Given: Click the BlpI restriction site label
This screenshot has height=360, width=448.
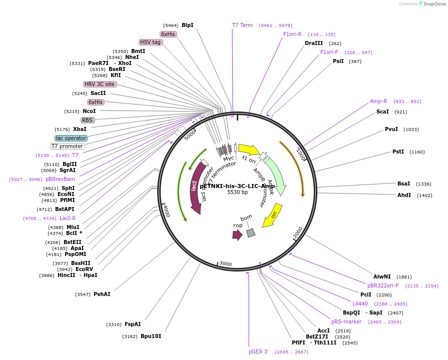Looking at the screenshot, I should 187,25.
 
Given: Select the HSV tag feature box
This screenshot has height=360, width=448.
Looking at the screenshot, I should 151,42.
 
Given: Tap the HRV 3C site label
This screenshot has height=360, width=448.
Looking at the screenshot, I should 100,84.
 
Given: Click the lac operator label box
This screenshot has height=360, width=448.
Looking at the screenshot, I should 71,138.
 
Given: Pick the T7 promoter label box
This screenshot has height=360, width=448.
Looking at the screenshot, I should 67,146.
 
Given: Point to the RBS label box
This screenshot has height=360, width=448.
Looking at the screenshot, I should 88,120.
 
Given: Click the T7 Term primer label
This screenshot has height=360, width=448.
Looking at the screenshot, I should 242,25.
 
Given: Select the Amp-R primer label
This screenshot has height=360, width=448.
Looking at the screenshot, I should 378,101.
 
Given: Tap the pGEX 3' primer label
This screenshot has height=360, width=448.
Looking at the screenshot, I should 259,351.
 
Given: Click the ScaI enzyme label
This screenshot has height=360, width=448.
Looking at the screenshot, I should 382,111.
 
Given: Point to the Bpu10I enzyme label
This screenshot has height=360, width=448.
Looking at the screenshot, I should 151,336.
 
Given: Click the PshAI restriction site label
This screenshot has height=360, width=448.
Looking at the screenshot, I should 102,294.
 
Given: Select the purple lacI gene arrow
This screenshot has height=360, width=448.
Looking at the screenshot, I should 196,188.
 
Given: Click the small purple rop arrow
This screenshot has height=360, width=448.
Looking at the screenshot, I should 237,234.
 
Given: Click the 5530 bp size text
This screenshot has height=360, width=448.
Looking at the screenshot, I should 237,192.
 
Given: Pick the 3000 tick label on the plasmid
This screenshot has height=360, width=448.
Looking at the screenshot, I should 225,263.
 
